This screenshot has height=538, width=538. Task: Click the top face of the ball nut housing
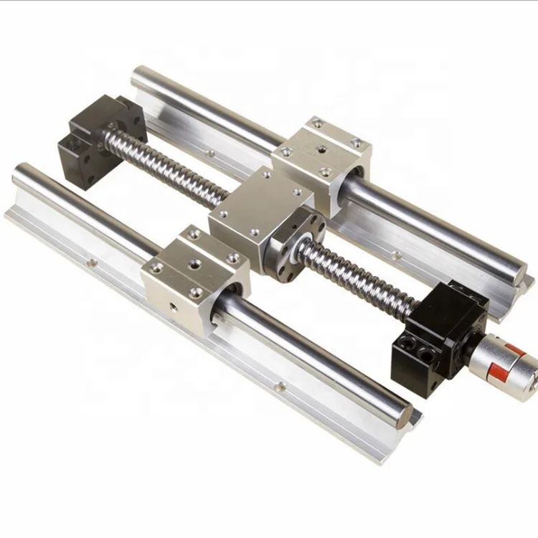pos(262,204)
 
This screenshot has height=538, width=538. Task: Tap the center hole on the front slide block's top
pos(194,265)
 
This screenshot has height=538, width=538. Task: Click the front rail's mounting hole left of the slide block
pos(90,263)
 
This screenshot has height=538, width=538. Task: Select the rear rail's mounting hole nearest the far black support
pos(208,153)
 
